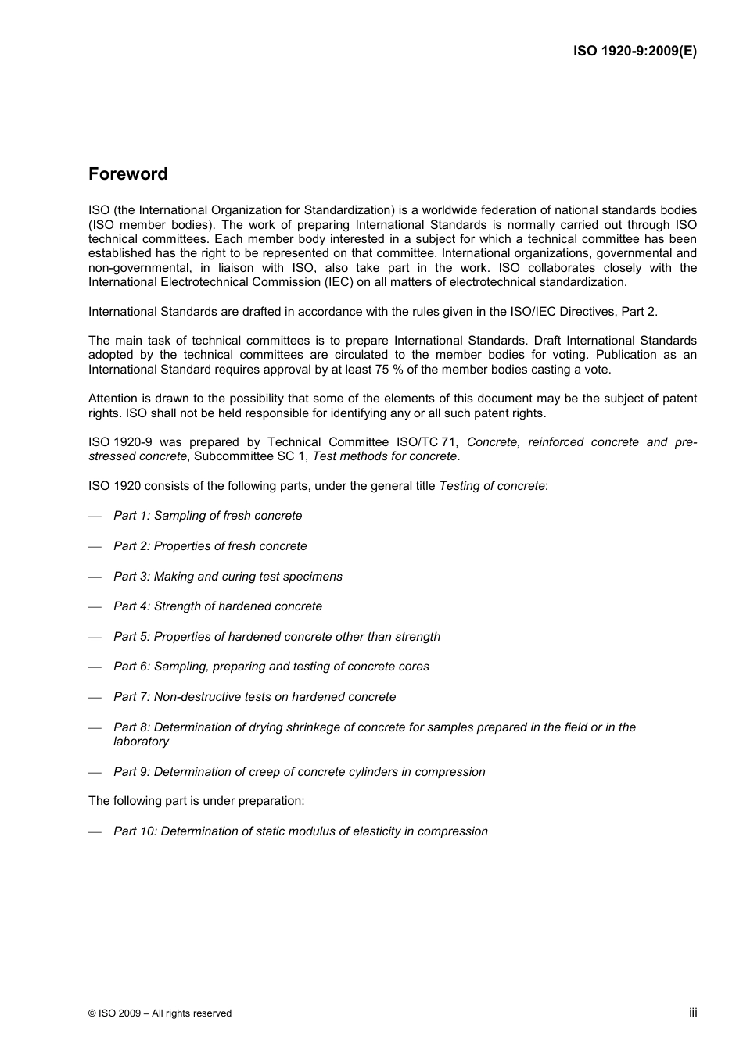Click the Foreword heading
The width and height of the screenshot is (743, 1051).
tap(127, 174)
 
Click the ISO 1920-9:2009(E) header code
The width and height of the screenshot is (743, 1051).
tap(634, 51)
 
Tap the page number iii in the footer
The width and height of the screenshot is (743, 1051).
tap(693, 1012)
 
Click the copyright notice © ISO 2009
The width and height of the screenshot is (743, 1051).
tap(160, 1013)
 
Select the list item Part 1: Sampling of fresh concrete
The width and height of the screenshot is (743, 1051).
tap(207, 516)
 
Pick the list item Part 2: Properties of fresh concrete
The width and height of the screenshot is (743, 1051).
tap(210, 546)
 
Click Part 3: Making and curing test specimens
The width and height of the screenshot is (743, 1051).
tap(228, 577)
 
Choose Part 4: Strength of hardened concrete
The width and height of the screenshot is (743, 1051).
tap(217, 606)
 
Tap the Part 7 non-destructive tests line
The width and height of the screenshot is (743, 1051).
tap(254, 697)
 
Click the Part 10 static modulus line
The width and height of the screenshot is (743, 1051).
tap(300, 831)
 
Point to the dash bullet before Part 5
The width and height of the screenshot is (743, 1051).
tap(95, 638)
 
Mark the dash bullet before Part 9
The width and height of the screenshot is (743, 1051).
tap(95, 773)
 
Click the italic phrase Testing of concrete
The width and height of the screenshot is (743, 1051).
tap(491, 486)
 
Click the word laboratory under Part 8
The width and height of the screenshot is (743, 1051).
tap(141, 742)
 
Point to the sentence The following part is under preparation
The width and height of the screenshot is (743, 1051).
tap(196, 801)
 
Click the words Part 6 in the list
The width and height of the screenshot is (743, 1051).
tap(131, 667)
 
